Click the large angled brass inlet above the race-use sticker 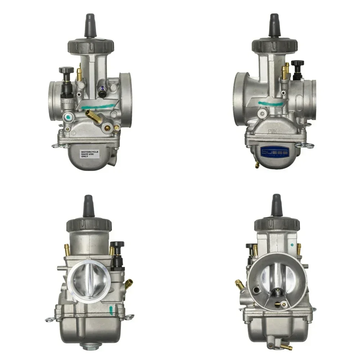pos(93,116)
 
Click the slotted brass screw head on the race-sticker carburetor pos(107,127)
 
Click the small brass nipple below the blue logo pos(257,165)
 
